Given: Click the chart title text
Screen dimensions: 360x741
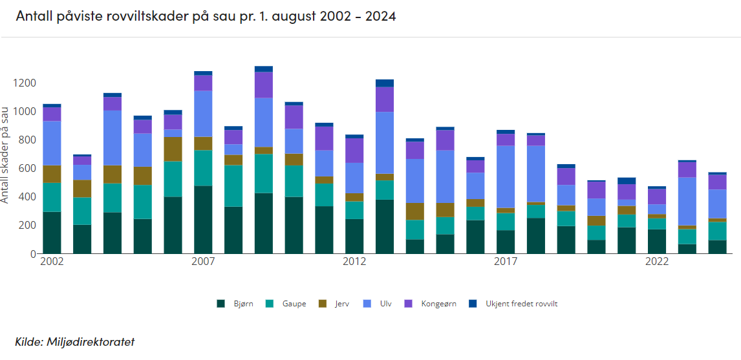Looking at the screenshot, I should pos(206,16).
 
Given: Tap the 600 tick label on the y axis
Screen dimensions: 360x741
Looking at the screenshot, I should pos(27,168).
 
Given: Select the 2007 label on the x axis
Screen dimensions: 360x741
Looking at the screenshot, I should pos(203,262).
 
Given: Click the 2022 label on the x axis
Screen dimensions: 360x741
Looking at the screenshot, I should pos(657,262).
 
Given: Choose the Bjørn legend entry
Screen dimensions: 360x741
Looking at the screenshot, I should pos(238,303).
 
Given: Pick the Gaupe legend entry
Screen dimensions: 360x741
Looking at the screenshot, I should pos(288,303).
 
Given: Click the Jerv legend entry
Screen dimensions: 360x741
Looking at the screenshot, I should pos(337,303).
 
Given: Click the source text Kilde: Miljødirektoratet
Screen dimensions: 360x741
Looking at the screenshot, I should pos(74,341).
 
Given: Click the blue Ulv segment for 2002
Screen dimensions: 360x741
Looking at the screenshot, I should pos(52,143).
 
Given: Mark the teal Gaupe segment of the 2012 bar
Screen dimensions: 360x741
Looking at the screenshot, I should pos(354,210).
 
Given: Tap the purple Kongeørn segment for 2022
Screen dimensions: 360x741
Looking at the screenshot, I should pos(657,196).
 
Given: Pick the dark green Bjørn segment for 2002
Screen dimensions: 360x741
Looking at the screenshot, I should pos(52,233).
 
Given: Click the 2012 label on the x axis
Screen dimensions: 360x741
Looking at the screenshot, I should pos(354,262).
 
